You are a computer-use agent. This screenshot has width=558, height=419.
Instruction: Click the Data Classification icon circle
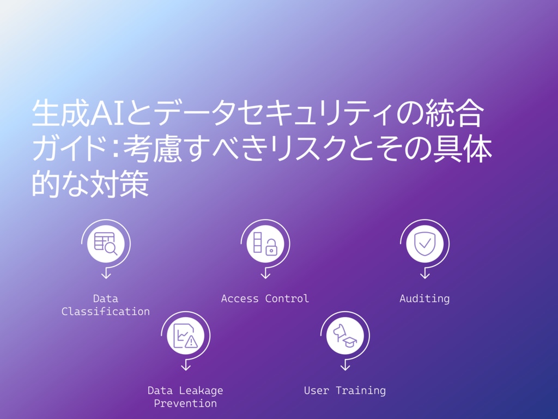[106, 244]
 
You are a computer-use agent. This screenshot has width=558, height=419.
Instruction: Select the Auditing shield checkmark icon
[424, 244]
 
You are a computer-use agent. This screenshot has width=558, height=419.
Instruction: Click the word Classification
[106, 312]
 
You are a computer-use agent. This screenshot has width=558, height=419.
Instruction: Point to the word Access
[240, 299]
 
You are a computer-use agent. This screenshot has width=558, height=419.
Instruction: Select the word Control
[287, 299]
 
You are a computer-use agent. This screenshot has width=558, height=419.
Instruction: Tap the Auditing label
[424, 299]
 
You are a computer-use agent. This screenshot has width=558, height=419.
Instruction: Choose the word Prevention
[185, 403]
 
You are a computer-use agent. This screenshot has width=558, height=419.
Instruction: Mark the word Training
[361, 391]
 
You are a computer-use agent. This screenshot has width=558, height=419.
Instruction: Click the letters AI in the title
[107, 113]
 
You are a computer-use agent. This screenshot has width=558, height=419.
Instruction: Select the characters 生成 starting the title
[61, 113]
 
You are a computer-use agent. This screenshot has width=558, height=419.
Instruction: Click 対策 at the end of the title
[119, 184]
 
